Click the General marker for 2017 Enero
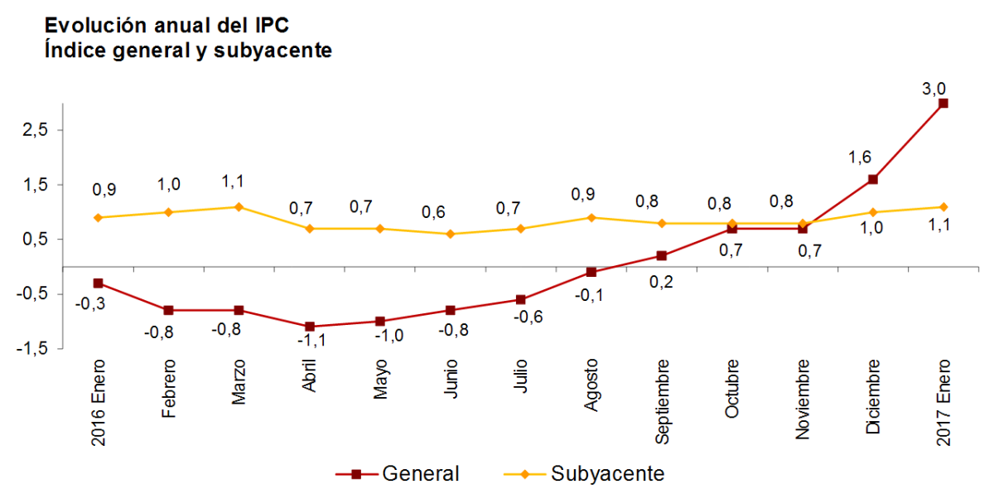pos(943,103)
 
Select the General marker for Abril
pos(309,327)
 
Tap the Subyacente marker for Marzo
pos(239,206)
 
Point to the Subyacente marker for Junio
pos(450,234)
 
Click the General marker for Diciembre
pos(872,179)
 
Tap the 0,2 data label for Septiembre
pos(662,282)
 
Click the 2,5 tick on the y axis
pos(35,130)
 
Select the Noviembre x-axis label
pos(803,397)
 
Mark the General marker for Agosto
pos(591,272)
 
